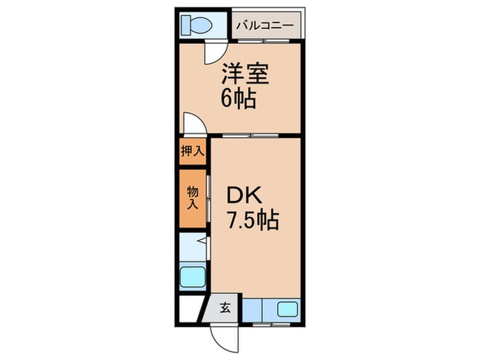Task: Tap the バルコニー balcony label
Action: (x=265, y=27)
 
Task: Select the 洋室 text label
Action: (x=245, y=75)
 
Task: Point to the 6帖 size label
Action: (x=238, y=100)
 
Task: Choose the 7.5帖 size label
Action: (x=252, y=221)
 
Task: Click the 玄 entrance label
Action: (x=225, y=308)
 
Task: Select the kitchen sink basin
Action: (x=287, y=309)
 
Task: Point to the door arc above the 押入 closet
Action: (x=193, y=125)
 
